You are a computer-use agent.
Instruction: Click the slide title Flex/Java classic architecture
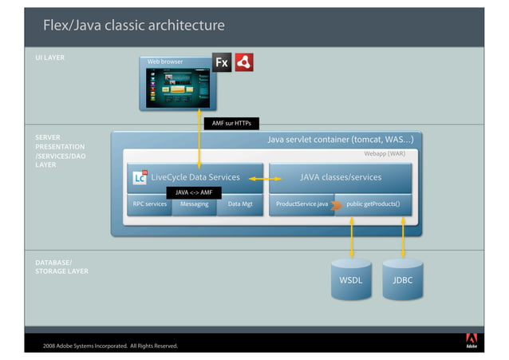pos(133,26)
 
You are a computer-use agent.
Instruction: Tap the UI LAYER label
pos(49,58)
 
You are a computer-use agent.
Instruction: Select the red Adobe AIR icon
pos(244,62)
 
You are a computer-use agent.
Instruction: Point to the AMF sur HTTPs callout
pos(231,123)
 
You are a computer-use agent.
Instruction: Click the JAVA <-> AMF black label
pos(193,192)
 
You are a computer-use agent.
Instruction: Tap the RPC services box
pos(149,204)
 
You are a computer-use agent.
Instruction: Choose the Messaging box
pos(194,204)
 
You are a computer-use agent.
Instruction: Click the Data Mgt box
pos(240,204)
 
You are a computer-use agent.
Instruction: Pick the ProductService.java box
pos(301,204)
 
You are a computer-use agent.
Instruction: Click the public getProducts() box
pos(373,204)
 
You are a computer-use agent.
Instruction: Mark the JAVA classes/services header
pos(340,177)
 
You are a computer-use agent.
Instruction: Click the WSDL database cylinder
pos(351,279)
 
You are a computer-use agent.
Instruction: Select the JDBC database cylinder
pos(403,279)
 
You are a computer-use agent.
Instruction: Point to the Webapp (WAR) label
pos(385,153)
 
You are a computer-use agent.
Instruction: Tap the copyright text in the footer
pos(110,346)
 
